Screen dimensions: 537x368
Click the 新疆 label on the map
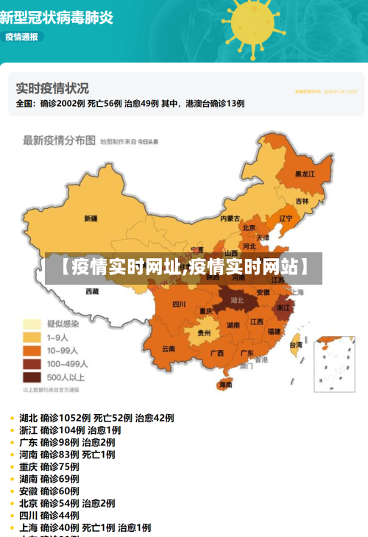91,218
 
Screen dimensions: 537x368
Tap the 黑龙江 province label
305,174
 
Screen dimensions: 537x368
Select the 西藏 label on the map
92,291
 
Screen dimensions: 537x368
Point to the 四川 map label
179,304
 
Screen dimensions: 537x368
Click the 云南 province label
169,349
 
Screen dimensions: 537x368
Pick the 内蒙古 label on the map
230,218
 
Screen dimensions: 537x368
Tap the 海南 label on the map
225,384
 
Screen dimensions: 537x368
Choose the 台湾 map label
295,344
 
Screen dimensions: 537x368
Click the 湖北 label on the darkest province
237,300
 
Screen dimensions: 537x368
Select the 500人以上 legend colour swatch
32,377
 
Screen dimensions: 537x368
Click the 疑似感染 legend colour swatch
32,324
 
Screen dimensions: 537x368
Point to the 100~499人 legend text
68,363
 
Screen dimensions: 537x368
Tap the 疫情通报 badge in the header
22,36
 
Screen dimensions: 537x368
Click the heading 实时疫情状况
52,88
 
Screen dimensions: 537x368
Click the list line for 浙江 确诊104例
70,430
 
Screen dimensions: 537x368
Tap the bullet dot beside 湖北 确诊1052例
13,419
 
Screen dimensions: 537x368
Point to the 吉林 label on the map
302,201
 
